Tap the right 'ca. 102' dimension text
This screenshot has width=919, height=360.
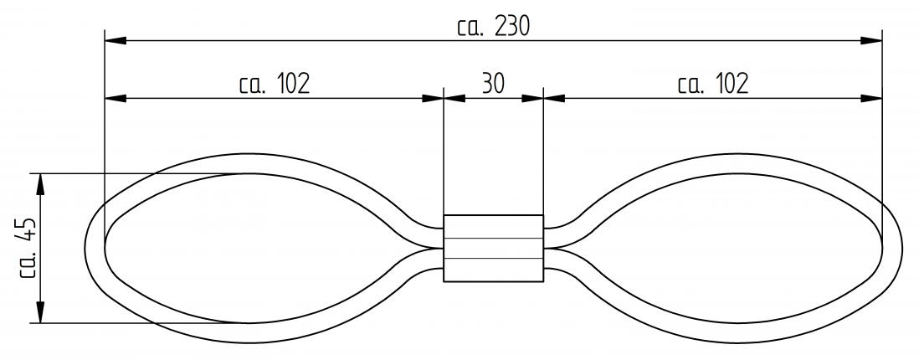pos(713,83)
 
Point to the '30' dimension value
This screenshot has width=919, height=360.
pos(493,83)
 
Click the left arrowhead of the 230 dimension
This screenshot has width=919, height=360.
pos(115,39)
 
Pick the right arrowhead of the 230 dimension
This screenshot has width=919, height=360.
pos(872,39)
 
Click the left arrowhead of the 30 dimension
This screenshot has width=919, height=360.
pos(453,98)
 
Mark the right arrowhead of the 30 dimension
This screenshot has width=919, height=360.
pos(532,98)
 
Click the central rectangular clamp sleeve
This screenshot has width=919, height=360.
pos(493,248)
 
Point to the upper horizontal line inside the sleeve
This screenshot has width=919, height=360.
pos(493,238)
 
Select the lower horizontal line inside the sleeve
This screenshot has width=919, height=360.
pos(493,259)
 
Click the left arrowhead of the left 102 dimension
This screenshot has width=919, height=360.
pos(115,98)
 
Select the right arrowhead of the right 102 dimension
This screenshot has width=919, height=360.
pos(872,98)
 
